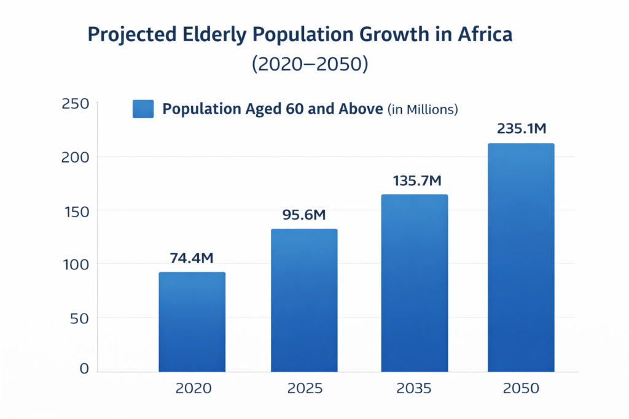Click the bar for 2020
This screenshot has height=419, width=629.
pyautogui.click(x=192, y=322)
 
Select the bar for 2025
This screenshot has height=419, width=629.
pyautogui.click(x=304, y=301)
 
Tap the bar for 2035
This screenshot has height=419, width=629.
pyautogui.click(x=415, y=283)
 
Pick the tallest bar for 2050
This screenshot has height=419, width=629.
pyautogui.click(x=521, y=258)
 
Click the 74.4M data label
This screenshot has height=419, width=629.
pyautogui.click(x=192, y=258)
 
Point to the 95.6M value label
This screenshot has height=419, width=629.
pyautogui.click(x=303, y=215)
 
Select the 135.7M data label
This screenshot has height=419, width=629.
pyautogui.click(x=417, y=181)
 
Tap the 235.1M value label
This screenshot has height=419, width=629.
pyautogui.click(x=522, y=129)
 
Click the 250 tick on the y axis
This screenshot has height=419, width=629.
pyautogui.click(x=76, y=104)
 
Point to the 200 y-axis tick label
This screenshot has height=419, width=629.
pyautogui.click(x=75, y=158)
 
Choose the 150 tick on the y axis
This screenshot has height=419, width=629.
pyautogui.click(x=77, y=212)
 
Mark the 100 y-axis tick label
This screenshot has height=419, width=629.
pyautogui.click(x=76, y=265)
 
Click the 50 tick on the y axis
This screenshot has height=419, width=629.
pyautogui.click(x=79, y=319)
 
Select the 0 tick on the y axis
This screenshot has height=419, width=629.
pyautogui.click(x=84, y=369)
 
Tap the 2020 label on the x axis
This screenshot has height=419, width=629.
pyautogui.click(x=193, y=388)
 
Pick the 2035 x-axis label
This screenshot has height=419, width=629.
pyautogui.click(x=413, y=388)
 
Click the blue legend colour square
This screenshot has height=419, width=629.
pyautogui.click(x=143, y=109)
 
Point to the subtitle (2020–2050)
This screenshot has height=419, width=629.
pyautogui.click(x=310, y=64)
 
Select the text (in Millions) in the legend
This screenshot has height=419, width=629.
pyautogui.click(x=423, y=109)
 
